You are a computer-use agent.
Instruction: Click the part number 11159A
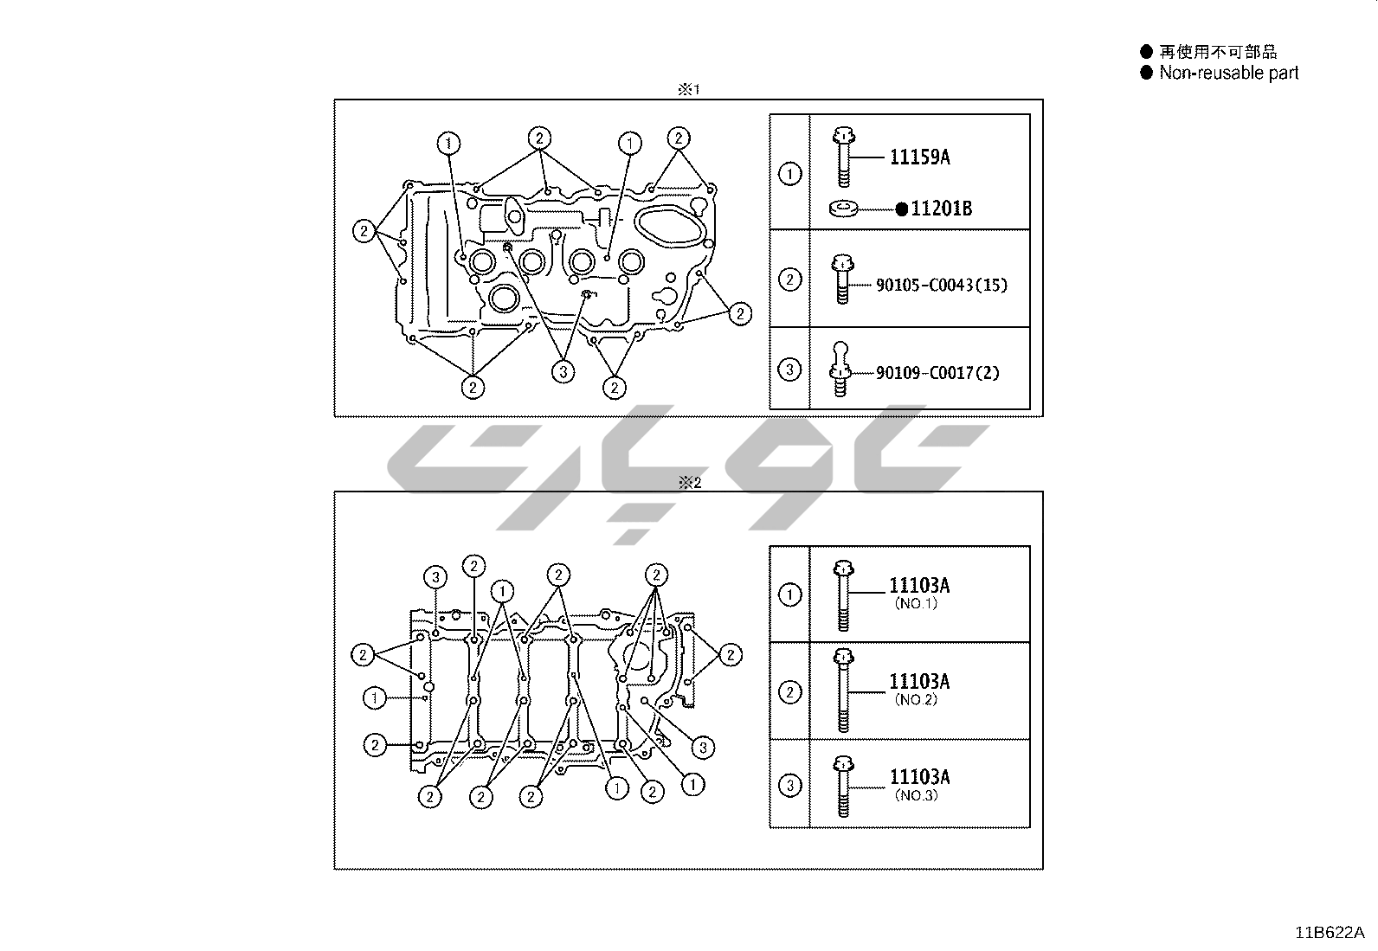click(x=920, y=157)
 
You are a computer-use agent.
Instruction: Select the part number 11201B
click(x=941, y=209)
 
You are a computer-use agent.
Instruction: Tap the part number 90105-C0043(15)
click(x=942, y=285)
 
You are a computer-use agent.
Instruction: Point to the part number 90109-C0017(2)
click(x=937, y=373)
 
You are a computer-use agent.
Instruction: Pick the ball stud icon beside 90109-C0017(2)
click(x=840, y=369)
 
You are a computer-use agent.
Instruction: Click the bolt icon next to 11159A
click(x=843, y=157)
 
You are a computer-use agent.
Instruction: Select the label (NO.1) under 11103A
click(x=916, y=603)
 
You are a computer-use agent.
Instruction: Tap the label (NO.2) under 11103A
click(x=916, y=699)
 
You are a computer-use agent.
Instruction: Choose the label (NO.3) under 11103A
click(x=916, y=795)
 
